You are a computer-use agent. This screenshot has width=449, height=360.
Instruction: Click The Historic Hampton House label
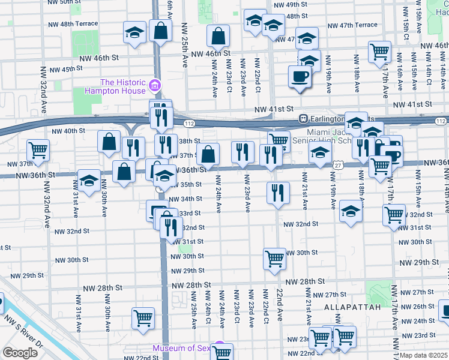[x=122, y=86]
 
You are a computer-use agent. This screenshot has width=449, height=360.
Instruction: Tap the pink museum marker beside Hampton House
[x=155, y=85]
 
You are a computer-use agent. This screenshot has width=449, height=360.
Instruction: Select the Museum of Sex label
[x=182, y=349]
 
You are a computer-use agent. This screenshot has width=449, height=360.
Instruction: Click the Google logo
[x=20, y=353]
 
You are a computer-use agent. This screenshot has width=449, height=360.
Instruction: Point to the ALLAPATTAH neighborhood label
[x=352, y=307]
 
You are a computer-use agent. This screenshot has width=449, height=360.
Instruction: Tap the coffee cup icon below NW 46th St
[x=300, y=77]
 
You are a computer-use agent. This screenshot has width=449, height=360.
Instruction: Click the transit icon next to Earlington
[x=304, y=118]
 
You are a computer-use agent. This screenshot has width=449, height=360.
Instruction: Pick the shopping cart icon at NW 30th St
[x=274, y=259]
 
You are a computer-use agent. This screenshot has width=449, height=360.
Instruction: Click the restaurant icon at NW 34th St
[x=277, y=193]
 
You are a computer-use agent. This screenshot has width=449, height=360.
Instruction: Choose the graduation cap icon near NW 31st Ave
[x=89, y=181]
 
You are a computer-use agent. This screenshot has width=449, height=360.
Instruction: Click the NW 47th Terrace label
[x=353, y=25]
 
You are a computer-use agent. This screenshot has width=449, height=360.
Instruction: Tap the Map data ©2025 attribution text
[x=423, y=355]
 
